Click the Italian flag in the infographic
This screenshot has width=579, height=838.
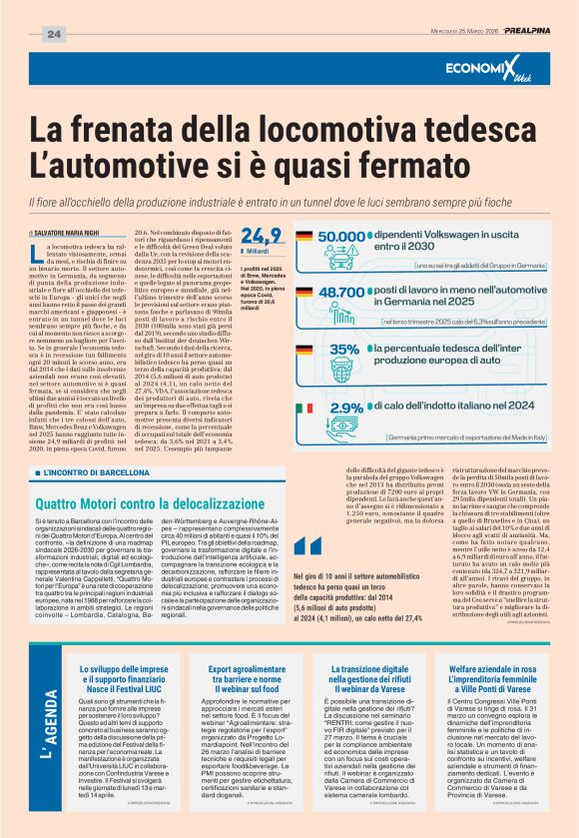pyautogui.click(x=304, y=410)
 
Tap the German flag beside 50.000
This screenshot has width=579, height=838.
pyautogui.click(x=304, y=238)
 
